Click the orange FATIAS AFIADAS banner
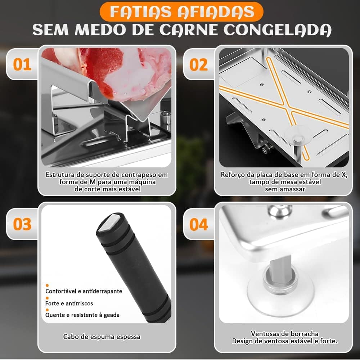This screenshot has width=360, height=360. coord(181,12)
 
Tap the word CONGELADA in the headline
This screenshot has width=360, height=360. coord(278,30)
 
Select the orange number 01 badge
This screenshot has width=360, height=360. coord(22,64)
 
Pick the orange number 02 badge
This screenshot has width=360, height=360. coord(199,64)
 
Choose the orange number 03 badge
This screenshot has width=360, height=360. coord(22,224)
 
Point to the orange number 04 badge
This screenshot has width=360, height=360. coord(199,224)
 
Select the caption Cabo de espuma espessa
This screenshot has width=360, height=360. coord(102,337)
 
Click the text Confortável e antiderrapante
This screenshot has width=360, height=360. coord(84,291)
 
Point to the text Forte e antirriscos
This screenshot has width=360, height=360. coord(69,303)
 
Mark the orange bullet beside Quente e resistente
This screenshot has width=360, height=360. coord(47,310)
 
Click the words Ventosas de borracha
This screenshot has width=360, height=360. coord(284,334)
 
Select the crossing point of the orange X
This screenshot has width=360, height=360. coord(287,108)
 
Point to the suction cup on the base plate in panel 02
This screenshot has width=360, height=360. coord(298,135)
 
